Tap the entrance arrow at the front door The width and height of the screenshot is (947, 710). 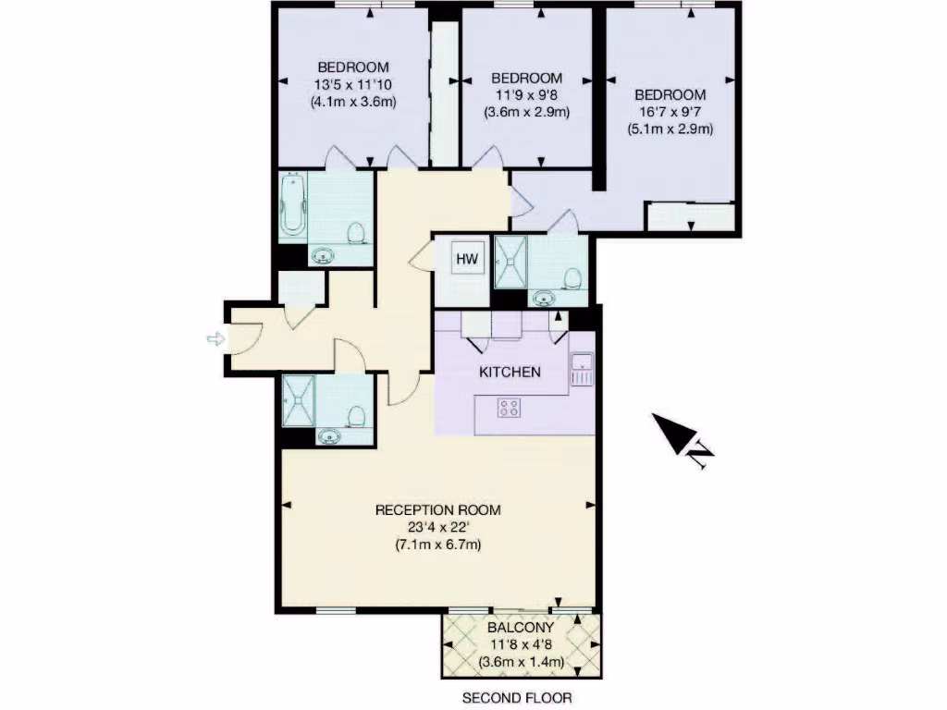215,339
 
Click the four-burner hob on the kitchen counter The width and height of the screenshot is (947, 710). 508,408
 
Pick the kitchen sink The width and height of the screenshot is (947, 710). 582,369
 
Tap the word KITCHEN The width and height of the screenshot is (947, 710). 509,373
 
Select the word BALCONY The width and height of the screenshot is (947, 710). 521,627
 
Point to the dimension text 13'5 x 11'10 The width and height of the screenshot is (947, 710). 353,84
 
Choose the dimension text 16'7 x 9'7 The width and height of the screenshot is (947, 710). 670,112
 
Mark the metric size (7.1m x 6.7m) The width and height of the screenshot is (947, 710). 437,545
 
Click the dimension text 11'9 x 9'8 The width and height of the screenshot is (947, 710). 526,94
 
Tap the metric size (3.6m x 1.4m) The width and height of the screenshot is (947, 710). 521,662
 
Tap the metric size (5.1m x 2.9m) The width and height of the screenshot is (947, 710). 670,129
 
